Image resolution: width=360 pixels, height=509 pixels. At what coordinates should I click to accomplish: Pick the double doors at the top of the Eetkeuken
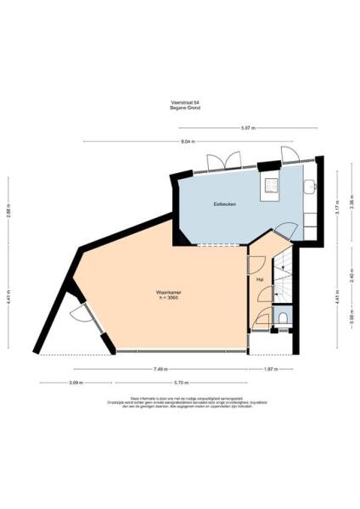coord(223,163)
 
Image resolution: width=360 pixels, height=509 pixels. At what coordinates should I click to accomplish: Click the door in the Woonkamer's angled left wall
coord(82,316)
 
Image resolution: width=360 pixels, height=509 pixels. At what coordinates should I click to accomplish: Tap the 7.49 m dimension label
coord(160,370)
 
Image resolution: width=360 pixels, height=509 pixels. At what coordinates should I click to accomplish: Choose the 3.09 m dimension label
coord(76,383)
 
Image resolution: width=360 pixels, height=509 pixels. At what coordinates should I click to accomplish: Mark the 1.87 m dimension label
coord(270,370)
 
